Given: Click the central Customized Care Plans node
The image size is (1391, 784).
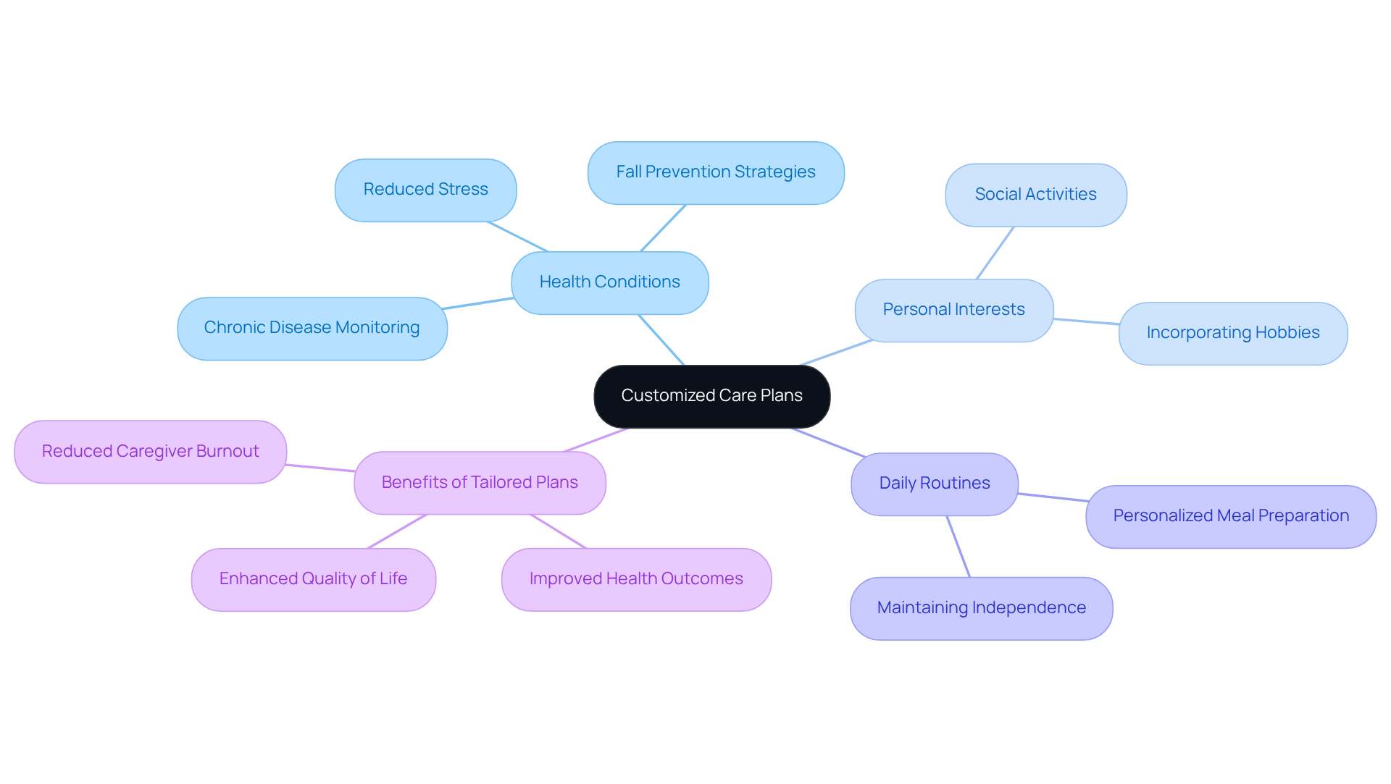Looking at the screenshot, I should [711, 396].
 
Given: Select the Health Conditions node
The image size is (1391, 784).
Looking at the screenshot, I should [609, 282].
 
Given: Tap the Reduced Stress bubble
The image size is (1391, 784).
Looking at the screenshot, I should [425, 190].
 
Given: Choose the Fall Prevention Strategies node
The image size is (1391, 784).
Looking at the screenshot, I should [715, 172].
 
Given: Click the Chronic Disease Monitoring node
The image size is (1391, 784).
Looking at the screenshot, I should [312, 328].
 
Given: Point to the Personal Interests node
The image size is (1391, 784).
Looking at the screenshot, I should [953, 310].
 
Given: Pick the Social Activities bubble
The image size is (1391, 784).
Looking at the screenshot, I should [1035, 195].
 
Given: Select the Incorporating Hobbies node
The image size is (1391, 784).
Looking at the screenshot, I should [1232, 333].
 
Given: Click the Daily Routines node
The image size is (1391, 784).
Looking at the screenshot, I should [934, 484].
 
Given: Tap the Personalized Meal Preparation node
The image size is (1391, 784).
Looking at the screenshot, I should [1230, 516].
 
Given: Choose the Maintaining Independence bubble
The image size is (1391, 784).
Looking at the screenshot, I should [981, 608].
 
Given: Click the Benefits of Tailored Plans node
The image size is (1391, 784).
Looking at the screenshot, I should [480, 483].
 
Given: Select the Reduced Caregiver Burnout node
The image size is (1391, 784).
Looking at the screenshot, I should [150, 452].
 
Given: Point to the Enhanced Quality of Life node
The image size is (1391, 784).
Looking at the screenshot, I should [313, 579].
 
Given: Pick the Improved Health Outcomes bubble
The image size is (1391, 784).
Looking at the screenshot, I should [636, 579].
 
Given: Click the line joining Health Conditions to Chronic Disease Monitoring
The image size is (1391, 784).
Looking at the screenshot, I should [479, 303].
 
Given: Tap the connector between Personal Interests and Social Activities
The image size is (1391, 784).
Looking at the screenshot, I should [995, 253].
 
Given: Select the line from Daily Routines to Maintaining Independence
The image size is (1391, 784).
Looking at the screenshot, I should [958, 547].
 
